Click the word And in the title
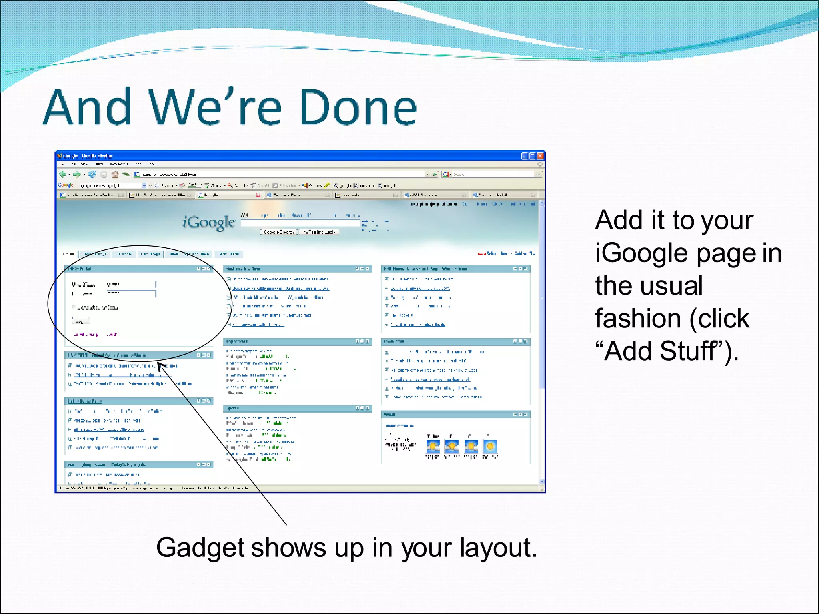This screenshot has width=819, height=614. click(87, 107)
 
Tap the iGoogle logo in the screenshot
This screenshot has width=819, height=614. click(208, 222)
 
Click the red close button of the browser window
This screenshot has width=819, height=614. click(540, 156)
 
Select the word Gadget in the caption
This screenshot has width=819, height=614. click(200, 548)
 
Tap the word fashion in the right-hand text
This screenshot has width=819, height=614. click(638, 319)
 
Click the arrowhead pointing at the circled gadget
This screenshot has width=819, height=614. click(161, 366)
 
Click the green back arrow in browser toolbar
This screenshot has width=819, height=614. click(62, 174)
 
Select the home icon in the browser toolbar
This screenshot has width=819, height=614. click(115, 174)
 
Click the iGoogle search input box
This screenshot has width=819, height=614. click(300, 223)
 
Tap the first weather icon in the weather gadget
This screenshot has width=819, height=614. click(433, 446)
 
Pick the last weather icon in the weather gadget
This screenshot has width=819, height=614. click(490, 446)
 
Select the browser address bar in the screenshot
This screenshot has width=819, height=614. click(280, 174)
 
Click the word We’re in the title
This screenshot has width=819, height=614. click(215, 107)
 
